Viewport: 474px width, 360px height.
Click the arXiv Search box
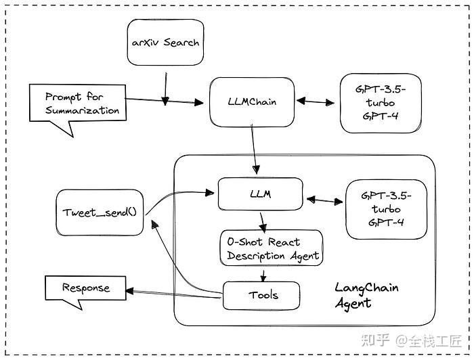(165, 42)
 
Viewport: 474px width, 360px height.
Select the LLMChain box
(252, 102)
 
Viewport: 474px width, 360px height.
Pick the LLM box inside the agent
(259, 194)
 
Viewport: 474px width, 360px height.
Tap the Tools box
(261, 295)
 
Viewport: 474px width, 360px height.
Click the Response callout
(85, 288)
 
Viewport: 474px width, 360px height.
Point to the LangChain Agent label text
(366, 295)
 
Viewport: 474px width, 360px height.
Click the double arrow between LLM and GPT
(324, 200)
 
